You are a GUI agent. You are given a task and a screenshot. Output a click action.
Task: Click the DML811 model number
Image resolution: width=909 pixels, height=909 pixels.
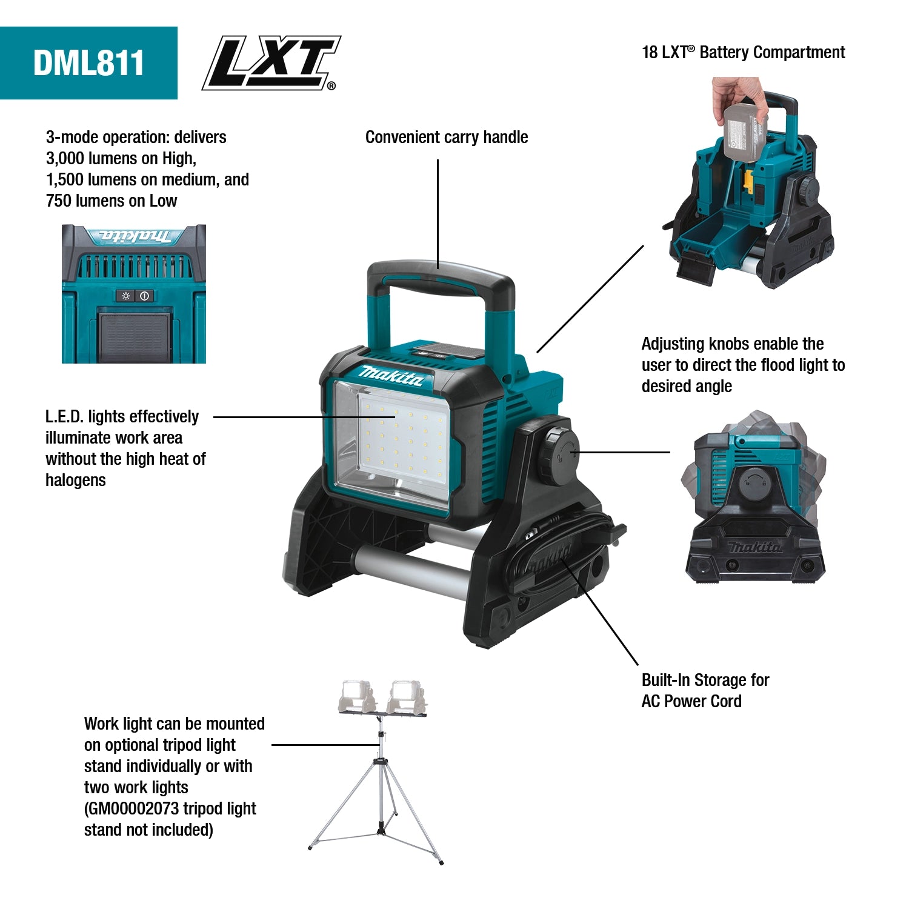pyautogui.click(x=88, y=63)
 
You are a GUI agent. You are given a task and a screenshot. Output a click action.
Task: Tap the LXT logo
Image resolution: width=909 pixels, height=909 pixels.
pyautogui.click(x=271, y=62)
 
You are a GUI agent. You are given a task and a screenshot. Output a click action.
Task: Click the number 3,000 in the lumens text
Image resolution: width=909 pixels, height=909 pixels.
pyautogui.click(x=65, y=159)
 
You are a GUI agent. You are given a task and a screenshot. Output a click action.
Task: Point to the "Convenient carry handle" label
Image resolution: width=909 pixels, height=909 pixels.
pyautogui.click(x=446, y=138)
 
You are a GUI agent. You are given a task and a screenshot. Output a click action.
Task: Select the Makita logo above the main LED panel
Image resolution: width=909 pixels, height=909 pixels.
pyautogui.click(x=390, y=376)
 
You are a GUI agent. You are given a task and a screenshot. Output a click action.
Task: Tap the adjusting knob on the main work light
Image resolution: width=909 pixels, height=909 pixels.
pyautogui.click(x=557, y=454)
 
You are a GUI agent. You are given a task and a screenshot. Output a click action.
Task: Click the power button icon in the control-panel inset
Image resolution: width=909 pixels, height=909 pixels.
pyautogui.click(x=144, y=296)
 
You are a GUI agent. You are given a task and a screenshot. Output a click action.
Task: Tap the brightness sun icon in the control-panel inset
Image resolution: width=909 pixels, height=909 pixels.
pyautogui.click(x=125, y=296)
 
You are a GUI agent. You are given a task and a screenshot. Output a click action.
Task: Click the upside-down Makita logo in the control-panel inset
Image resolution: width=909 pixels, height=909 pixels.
pyautogui.click(x=135, y=236)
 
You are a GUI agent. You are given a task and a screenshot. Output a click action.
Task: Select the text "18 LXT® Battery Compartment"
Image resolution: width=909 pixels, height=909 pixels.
pyautogui.click(x=743, y=53)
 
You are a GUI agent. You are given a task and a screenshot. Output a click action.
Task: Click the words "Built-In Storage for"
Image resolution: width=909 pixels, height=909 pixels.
pyautogui.click(x=705, y=680)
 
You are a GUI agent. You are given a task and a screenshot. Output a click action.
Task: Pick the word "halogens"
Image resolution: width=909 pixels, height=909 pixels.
pyautogui.click(x=76, y=481)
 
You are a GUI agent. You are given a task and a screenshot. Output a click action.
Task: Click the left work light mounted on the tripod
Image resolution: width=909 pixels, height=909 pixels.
pyautogui.click(x=357, y=696)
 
